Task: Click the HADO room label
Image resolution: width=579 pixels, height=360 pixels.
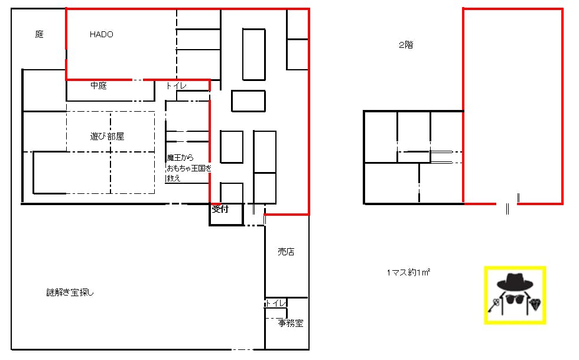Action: pyautogui.click(x=101, y=34)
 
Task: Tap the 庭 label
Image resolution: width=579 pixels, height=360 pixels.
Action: pyautogui.click(x=40, y=34)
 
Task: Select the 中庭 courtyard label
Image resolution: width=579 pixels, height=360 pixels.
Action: pyautogui.click(x=99, y=86)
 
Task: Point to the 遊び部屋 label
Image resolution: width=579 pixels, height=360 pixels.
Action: pyautogui.click(x=107, y=137)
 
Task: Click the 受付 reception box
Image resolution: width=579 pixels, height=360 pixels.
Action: pyautogui.click(x=226, y=215)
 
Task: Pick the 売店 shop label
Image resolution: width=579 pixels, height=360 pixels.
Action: pyautogui.click(x=286, y=252)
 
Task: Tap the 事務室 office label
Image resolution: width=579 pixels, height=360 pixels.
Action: pyautogui.click(x=291, y=323)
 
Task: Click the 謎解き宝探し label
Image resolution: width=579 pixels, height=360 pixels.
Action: pyautogui.click(x=70, y=293)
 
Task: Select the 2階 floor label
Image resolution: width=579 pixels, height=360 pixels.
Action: pyautogui.click(x=406, y=45)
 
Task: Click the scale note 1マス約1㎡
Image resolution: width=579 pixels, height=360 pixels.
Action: pyautogui.click(x=408, y=273)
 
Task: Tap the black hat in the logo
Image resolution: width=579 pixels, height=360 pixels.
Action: pyautogui.click(x=515, y=281)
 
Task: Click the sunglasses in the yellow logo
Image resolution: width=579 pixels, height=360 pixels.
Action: pyautogui.click(x=515, y=299)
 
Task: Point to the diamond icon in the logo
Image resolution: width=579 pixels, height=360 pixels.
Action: pyautogui.click(x=535, y=304)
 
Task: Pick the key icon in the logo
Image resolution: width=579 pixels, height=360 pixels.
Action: pyautogui.click(x=494, y=305)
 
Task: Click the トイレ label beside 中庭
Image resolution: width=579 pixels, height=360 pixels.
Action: pyautogui.click(x=176, y=86)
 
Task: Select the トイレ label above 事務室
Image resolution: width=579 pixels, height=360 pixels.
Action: pyautogui.click(x=276, y=303)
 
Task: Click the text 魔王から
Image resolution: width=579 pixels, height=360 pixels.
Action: pyautogui.click(x=180, y=158)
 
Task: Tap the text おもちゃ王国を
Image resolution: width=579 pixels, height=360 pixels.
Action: pyautogui.click(x=189, y=168)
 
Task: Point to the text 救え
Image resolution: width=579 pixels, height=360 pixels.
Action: pyautogui.click(x=174, y=178)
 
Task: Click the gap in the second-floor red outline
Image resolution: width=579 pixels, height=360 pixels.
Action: pyautogui.click(x=507, y=204)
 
